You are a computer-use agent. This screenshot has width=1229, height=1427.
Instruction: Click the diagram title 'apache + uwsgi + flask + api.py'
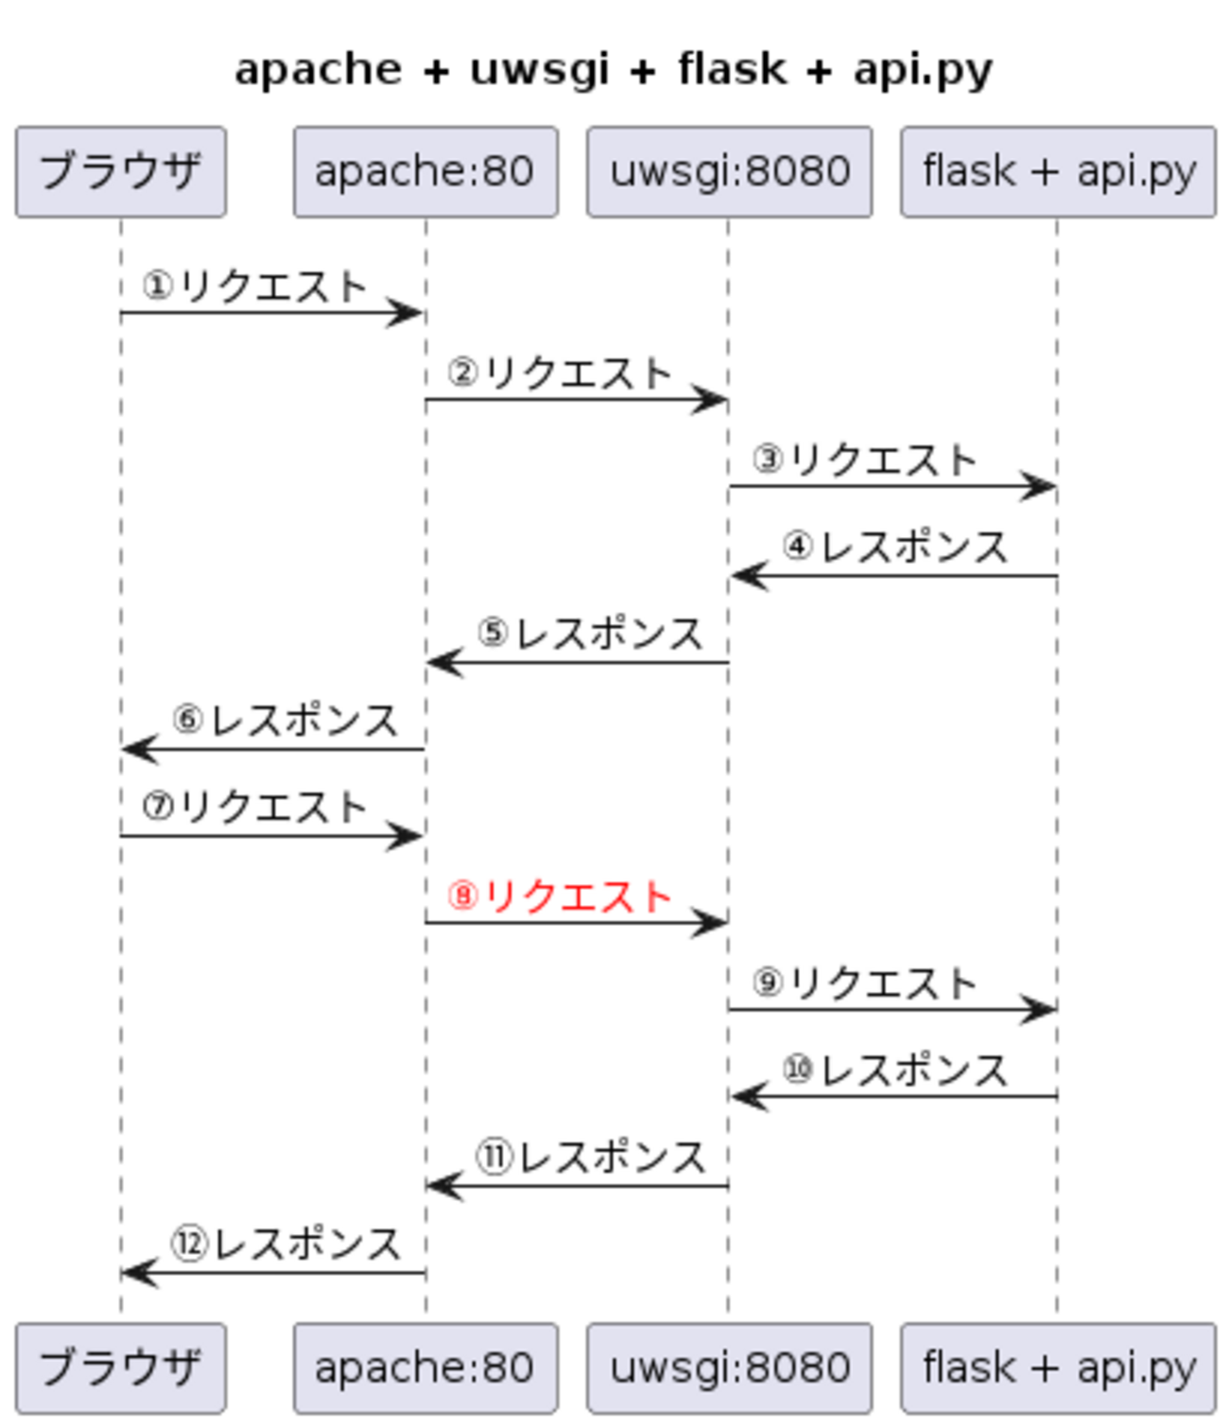[614, 70]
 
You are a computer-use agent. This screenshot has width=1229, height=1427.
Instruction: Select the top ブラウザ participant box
[120, 172]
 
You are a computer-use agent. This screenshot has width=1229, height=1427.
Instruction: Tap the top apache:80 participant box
[425, 172]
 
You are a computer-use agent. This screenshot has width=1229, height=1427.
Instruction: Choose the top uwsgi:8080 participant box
[729, 172]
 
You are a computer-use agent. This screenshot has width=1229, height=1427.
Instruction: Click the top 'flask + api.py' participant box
[1058, 172]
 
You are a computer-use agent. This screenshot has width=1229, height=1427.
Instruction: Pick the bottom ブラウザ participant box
[120, 1367]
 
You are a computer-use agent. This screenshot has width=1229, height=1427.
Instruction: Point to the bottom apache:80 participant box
[425, 1367]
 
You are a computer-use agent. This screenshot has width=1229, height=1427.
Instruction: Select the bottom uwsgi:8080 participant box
[729, 1367]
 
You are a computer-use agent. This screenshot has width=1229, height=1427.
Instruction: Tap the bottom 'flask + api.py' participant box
[1058, 1367]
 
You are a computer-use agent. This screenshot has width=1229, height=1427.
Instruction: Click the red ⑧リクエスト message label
[560, 896]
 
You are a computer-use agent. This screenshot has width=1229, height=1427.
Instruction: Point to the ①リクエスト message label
[254, 286]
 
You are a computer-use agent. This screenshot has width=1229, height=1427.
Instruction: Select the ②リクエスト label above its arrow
[560, 373]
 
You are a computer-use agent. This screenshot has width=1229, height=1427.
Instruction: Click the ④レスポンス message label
[894, 547]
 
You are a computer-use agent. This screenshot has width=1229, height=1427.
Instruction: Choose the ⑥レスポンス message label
[285, 721]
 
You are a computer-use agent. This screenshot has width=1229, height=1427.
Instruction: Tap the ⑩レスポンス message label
[894, 1070]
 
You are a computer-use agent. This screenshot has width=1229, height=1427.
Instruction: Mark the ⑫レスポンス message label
[286, 1244]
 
